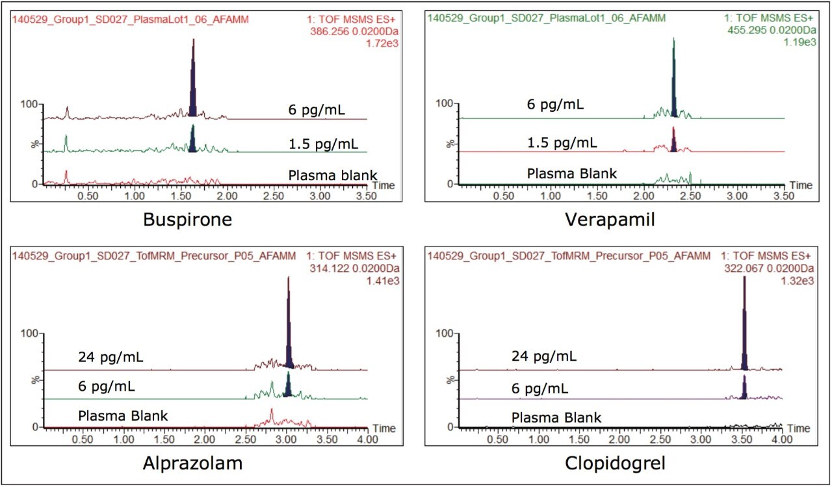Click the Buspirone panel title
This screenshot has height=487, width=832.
click(188, 220)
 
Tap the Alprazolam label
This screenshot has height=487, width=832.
click(188, 464)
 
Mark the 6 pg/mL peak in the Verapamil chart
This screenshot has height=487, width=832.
click(674, 78)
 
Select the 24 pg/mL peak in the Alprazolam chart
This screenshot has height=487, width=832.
click(289, 325)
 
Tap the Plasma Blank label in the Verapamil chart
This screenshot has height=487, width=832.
click(571, 174)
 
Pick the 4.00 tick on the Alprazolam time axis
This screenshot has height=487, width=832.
click(367, 439)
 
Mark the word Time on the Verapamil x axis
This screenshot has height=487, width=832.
click(801, 185)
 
